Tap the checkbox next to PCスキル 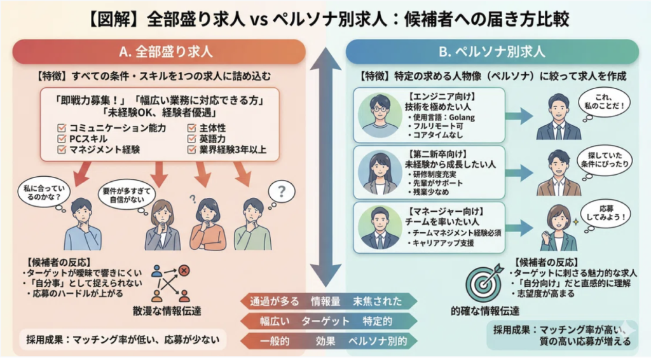coord(62,139)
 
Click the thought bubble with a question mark coord(282,191)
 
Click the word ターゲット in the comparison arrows coord(325,321)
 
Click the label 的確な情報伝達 coord(485,311)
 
